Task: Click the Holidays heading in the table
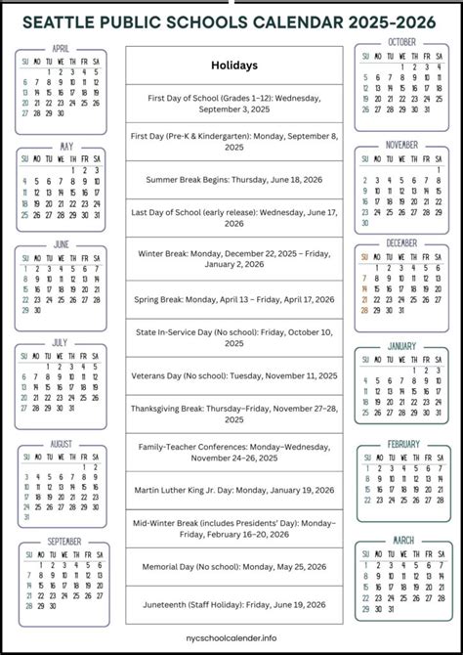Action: tap(234, 65)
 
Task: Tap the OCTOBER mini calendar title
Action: tap(401, 42)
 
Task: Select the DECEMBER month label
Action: tap(401, 242)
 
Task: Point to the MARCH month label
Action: tap(402, 539)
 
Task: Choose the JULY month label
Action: tap(62, 343)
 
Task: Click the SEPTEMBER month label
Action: tap(65, 542)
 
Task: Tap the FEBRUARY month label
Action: tap(402, 444)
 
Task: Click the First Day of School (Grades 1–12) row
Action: tap(234, 104)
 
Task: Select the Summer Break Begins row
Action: tap(234, 180)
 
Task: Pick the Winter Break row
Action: tap(234, 258)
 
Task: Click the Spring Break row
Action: tap(234, 299)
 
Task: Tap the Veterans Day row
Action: tap(234, 375)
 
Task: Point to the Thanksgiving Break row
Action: tap(234, 414)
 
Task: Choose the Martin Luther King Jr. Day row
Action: tap(234, 489)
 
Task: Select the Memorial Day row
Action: tap(234, 566)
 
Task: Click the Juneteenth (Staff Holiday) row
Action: tap(234, 604)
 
